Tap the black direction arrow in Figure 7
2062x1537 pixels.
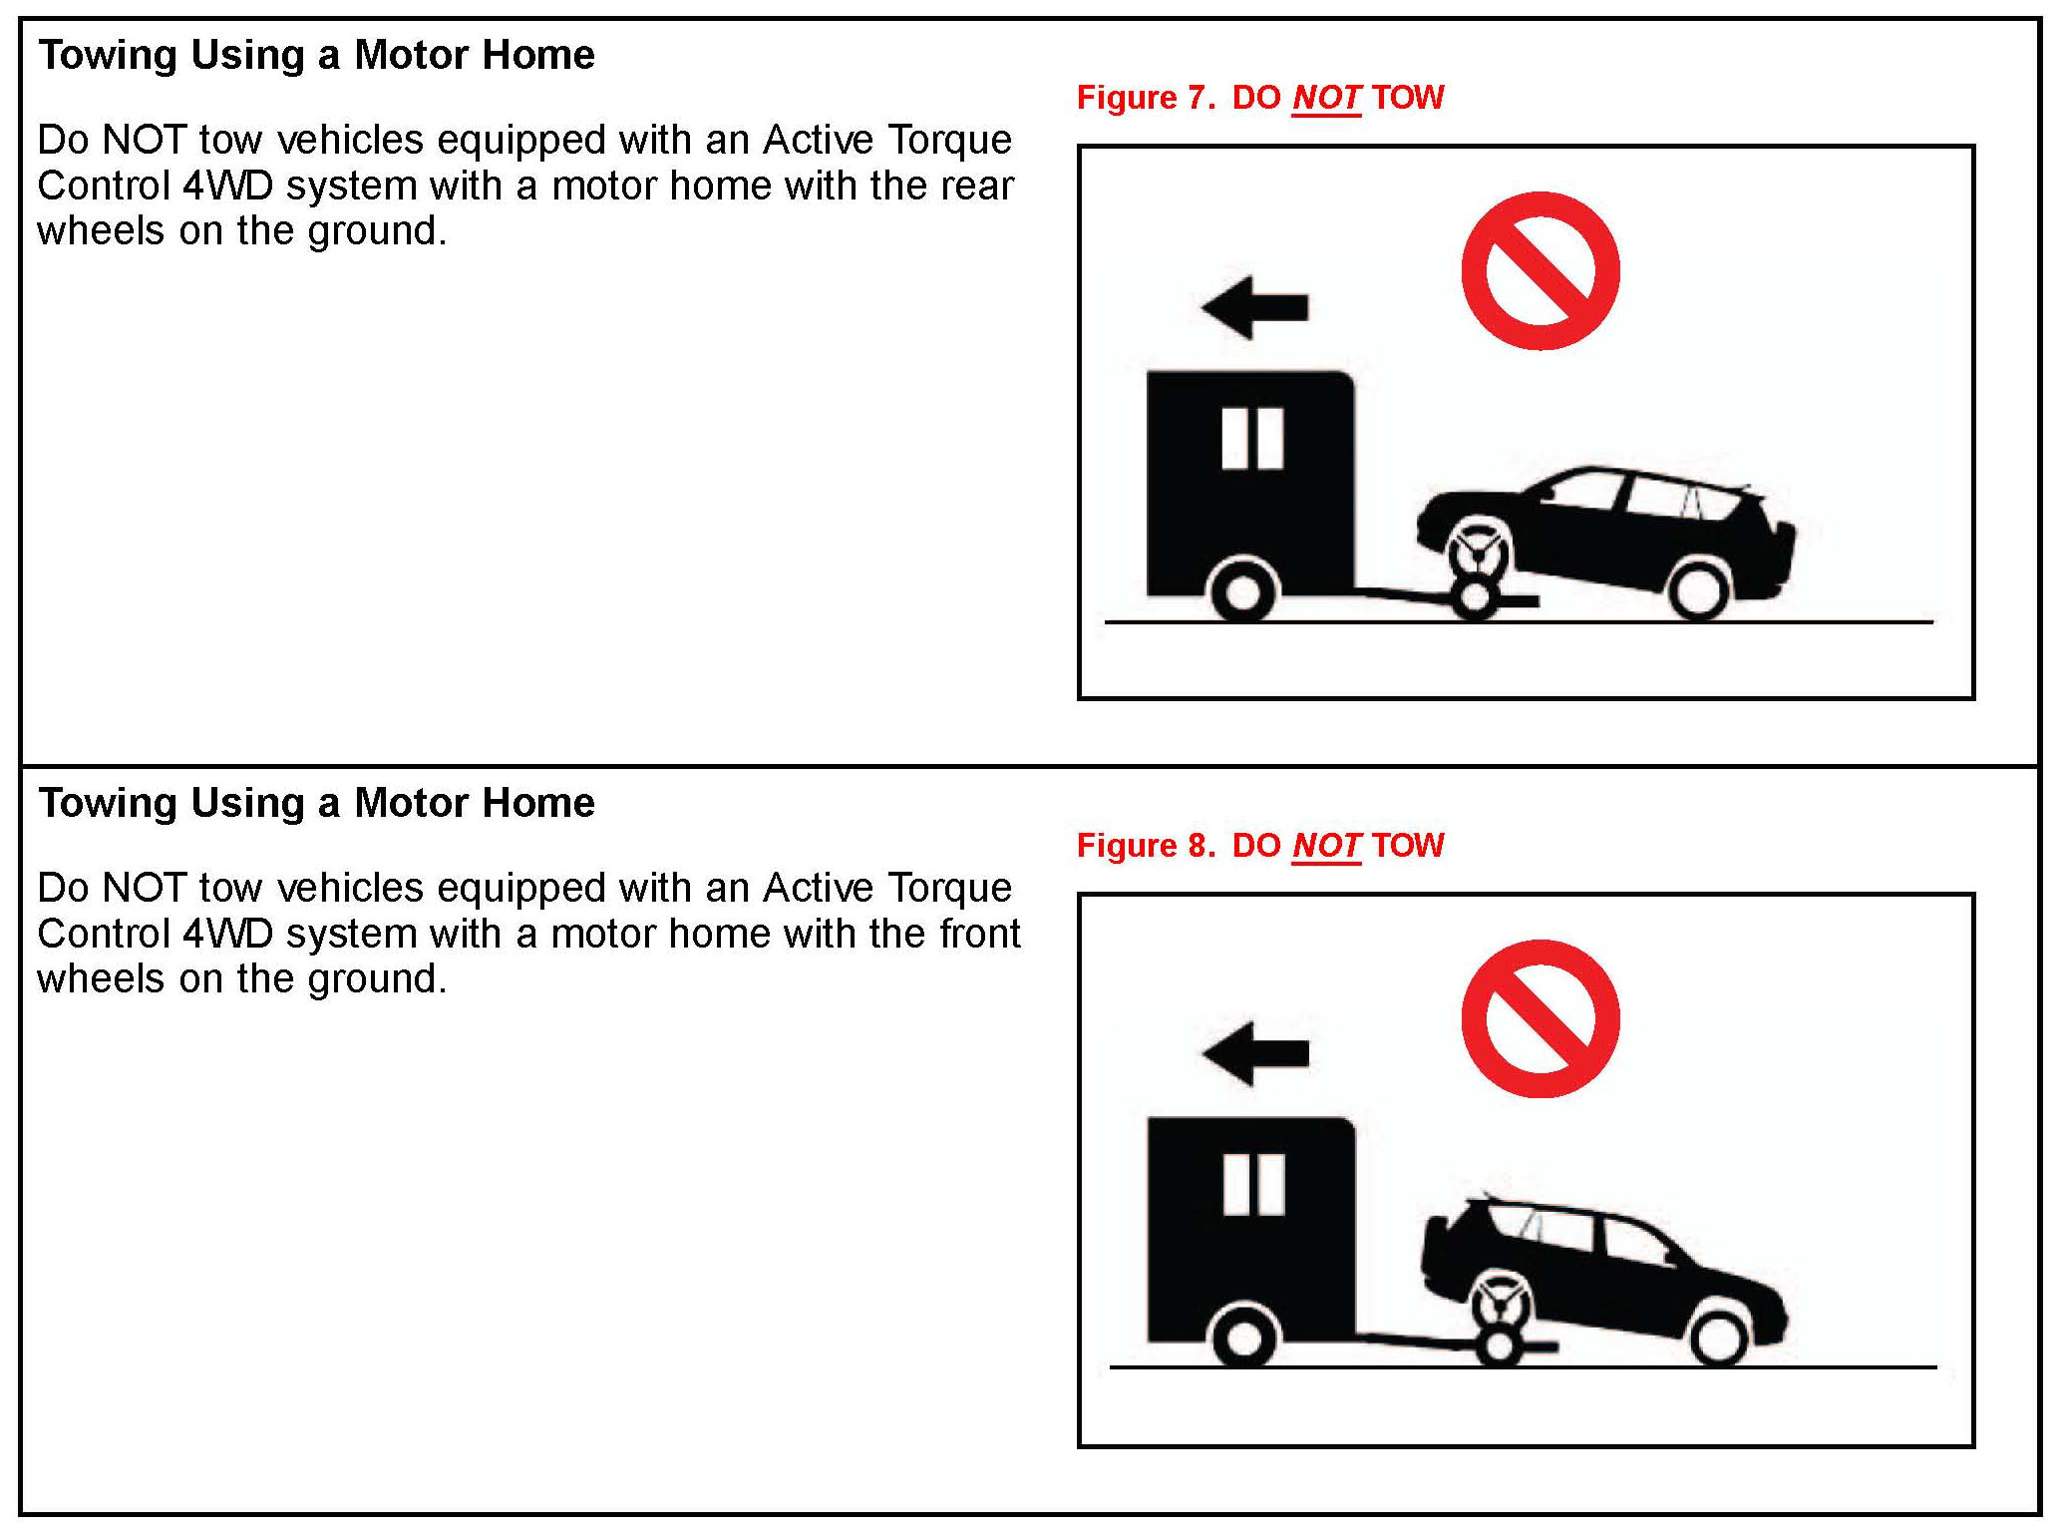click(1255, 307)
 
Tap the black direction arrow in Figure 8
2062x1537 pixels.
click(1255, 1053)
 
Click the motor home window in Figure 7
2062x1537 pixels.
click(1252, 438)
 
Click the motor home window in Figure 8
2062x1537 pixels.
click(1253, 1185)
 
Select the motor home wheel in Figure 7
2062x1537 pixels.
click(1242, 591)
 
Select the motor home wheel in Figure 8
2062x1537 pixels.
click(1242, 1338)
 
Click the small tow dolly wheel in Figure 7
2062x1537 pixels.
click(1474, 598)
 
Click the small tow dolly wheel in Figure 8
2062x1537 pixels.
click(1499, 1345)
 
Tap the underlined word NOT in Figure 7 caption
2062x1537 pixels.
click(1326, 98)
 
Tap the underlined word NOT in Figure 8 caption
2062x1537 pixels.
click(1326, 846)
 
